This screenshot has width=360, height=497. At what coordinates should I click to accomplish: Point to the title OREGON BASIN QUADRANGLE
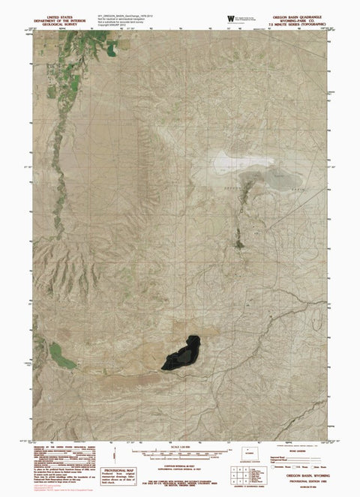click(301, 13)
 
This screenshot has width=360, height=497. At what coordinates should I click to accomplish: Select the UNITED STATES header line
click(61, 14)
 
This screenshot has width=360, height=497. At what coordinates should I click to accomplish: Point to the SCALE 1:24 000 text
click(181, 448)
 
